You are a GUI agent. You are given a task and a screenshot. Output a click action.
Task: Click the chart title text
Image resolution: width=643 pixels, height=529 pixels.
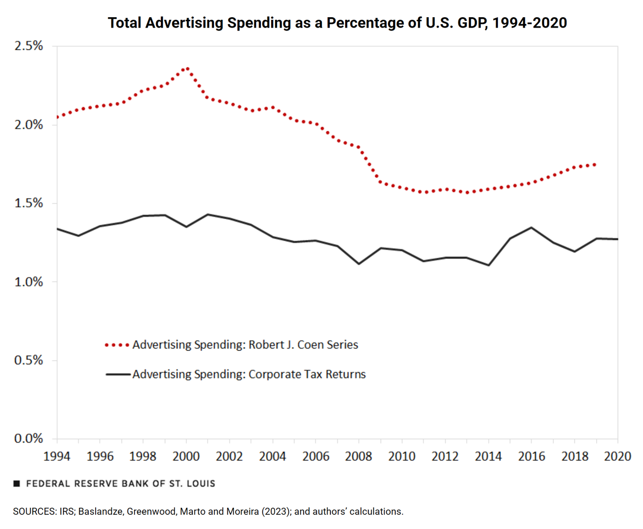click(337, 23)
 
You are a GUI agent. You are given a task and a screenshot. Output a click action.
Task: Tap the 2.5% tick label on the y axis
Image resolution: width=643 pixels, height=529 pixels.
click(29, 46)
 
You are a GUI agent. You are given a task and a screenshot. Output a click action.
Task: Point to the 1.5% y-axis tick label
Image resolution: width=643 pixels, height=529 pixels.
click(29, 203)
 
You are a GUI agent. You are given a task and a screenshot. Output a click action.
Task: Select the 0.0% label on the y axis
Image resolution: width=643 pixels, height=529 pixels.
click(29, 439)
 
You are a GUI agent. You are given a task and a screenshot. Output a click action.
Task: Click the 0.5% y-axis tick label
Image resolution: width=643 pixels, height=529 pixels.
click(29, 360)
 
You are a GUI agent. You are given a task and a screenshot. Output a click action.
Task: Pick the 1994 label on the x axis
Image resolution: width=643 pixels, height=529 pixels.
click(57, 456)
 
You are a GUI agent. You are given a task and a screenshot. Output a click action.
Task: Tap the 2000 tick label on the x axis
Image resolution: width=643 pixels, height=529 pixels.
click(186, 456)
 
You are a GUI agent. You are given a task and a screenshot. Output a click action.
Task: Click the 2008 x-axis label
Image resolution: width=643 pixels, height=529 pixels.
click(358, 456)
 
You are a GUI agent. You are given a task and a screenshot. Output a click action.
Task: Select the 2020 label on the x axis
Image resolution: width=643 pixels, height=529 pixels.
click(617, 456)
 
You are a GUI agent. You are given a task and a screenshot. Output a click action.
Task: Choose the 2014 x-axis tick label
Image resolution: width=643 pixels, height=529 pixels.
click(488, 456)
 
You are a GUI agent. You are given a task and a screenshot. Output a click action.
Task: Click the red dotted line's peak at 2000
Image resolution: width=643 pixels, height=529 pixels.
click(186, 69)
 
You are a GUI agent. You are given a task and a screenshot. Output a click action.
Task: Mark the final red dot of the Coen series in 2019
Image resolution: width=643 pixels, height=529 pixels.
click(595, 164)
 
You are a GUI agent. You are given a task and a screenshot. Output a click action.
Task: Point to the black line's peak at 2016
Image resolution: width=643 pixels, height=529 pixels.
click(531, 227)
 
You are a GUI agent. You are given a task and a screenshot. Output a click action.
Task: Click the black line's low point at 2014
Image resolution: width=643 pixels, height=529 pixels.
click(488, 265)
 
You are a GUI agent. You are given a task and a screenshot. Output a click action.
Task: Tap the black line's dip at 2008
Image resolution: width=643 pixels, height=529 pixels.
click(358, 264)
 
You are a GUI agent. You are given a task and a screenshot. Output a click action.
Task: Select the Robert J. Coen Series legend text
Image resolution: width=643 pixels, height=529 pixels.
click(245, 345)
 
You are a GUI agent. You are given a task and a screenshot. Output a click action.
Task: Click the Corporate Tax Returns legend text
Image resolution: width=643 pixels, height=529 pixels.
click(249, 375)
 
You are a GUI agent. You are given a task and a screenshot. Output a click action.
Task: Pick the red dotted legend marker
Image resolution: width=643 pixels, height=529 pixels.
click(117, 345)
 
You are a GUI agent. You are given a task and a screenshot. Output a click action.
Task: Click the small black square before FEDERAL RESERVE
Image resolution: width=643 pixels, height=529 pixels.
click(16, 484)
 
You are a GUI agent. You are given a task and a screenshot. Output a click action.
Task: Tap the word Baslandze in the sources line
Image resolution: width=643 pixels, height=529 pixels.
click(100, 512)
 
